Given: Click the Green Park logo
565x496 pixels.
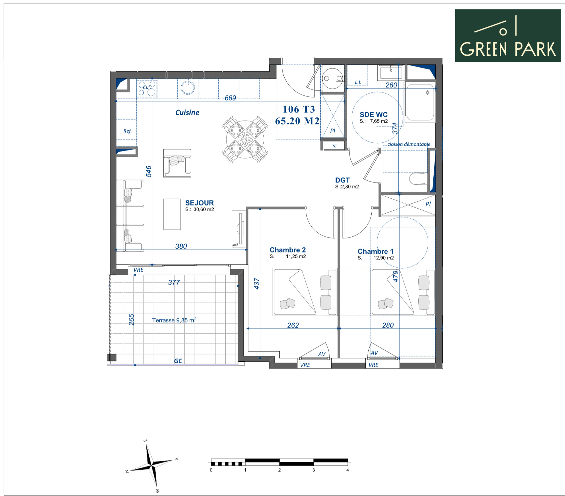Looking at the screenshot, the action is (508, 36).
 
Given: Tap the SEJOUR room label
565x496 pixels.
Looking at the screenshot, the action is (199, 203).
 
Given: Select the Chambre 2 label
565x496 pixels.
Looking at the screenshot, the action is (288, 250).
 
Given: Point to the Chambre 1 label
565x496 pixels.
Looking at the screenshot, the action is (375, 251).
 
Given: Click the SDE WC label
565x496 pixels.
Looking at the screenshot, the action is (373, 115).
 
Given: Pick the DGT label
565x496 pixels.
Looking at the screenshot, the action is (342, 180).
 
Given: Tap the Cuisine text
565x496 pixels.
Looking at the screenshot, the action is (187, 112).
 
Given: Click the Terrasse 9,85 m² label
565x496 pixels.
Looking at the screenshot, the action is (174, 320).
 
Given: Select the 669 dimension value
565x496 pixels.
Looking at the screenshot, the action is (230, 98).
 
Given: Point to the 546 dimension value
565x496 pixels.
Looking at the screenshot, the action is (149, 171).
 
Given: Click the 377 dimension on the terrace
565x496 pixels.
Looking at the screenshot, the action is (174, 282).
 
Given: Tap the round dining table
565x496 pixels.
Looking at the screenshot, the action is (245, 139).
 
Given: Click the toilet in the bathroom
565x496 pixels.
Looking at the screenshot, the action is (417, 179).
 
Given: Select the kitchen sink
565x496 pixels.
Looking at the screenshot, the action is (188, 88).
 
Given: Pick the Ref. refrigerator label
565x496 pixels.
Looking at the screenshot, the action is (127, 131).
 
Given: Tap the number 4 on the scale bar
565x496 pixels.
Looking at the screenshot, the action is (347, 470).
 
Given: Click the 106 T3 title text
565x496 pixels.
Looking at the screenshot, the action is (299, 109).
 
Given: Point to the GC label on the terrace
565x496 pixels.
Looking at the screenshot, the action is (178, 361).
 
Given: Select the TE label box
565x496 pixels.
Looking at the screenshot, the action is (334, 146).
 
